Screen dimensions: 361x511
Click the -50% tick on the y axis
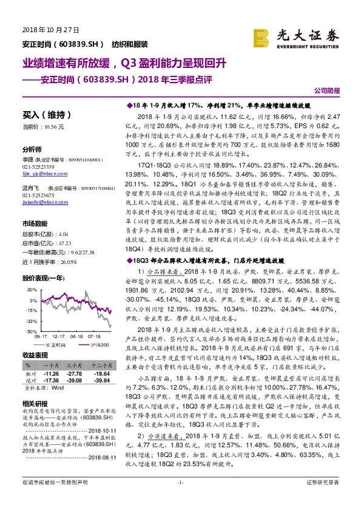[x=30, y=331]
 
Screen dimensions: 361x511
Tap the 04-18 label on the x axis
[x=76, y=336]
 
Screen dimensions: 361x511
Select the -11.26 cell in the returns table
[x=53, y=374]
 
